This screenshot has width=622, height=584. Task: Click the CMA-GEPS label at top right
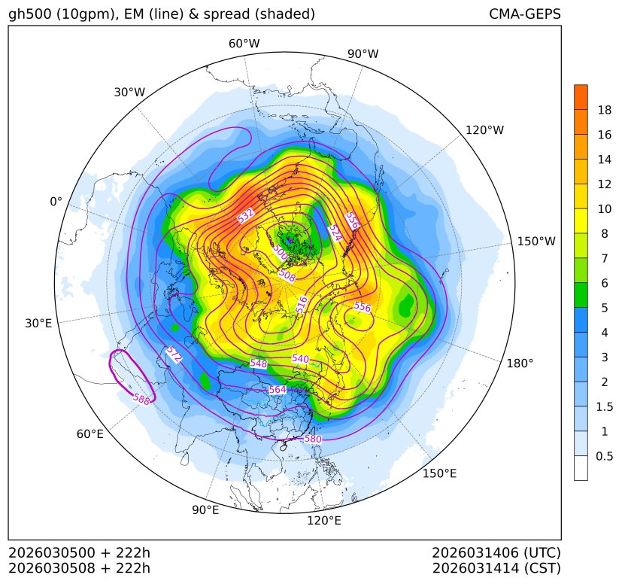coord(524,14)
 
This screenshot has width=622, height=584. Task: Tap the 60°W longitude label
coord(244,44)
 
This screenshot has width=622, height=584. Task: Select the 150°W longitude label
coord(536,241)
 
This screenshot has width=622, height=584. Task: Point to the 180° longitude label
coord(520,363)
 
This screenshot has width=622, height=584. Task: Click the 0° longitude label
coord(56,202)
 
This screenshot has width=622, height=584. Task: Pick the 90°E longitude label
coord(205,510)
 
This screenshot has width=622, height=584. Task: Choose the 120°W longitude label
coord(485,130)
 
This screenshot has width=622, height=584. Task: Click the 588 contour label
coord(141,399)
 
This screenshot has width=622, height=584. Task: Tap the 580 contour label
coord(313,439)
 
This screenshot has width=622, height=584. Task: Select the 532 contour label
coord(246,216)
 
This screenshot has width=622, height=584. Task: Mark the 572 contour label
coord(174,354)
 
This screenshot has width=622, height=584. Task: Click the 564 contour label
coord(278,390)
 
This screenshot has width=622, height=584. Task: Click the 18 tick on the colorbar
coord(604,110)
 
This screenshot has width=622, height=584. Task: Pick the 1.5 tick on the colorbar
coord(604,406)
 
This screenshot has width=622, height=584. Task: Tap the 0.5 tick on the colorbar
coord(604,456)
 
